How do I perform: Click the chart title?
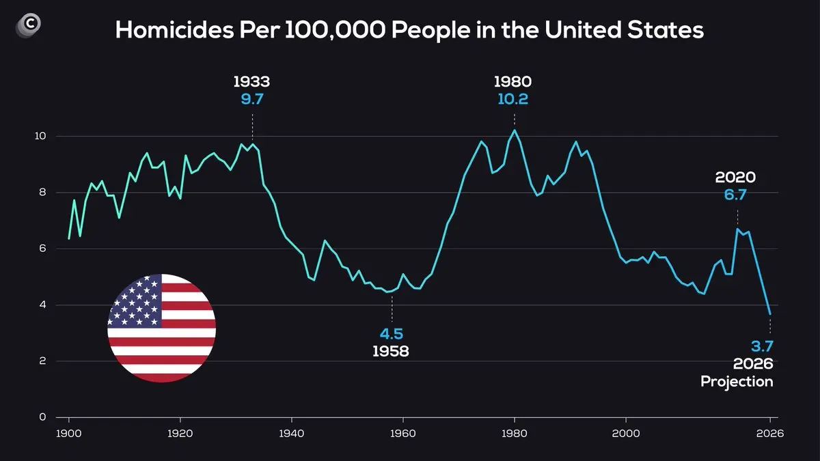click(x=409, y=30)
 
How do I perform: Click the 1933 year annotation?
click(x=251, y=82)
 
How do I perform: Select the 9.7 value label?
click(x=251, y=99)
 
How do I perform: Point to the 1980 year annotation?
click(x=512, y=82)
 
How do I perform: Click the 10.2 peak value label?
click(x=512, y=99)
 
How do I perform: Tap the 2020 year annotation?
click(x=735, y=178)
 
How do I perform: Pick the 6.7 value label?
click(x=735, y=195)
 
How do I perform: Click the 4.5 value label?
click(x=392, y=334)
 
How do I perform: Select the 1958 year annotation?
click(x=390, y=352)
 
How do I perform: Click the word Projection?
click(x=737, y=382)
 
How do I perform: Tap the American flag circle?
click(x=161, y=328)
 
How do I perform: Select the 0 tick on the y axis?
click(x=42, y=417)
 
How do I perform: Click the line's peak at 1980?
click(x=515, y=130)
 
